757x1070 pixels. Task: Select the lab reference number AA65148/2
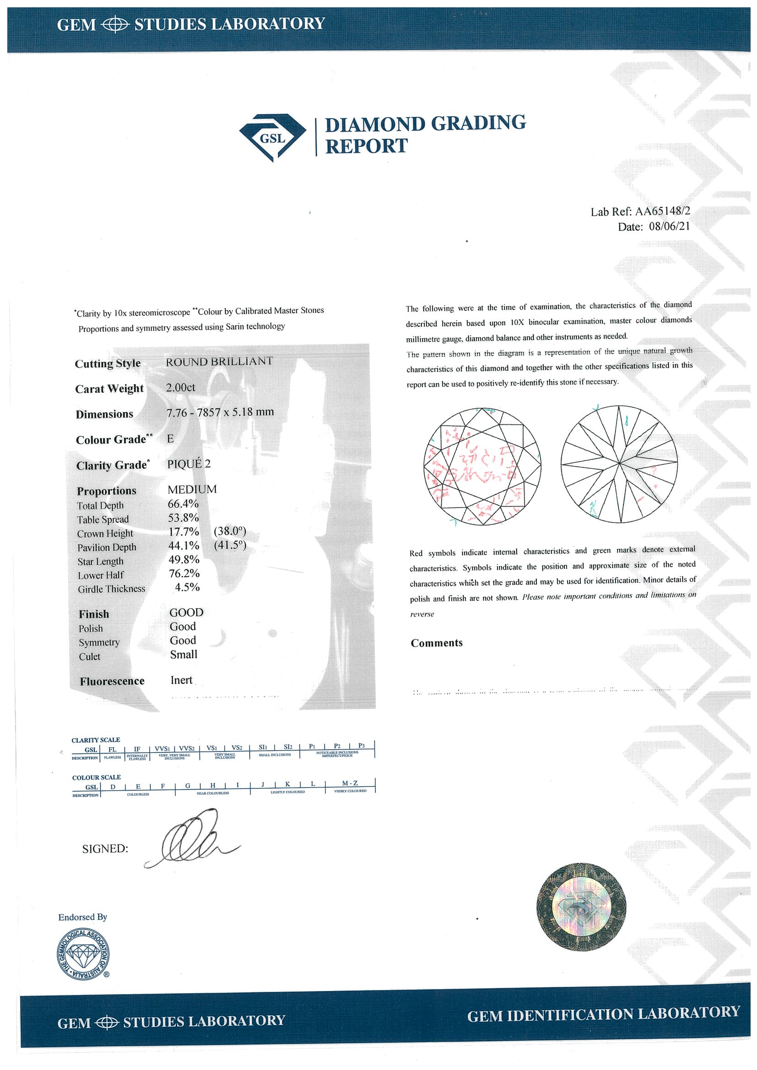click(x=662, y=211)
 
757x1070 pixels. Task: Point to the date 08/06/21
click(x=669, y=226)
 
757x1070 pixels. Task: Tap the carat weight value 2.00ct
click(x=180, y=387)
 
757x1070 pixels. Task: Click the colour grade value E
click(x=170, y=439)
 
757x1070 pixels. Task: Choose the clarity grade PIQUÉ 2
click(x=189, y=464)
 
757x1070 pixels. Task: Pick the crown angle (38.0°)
click(x=229, y=531)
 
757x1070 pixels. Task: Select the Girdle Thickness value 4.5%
click(x=187, y=587)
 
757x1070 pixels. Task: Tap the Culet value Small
click(x=184, y=655)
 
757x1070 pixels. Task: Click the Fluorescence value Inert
click(x=181, y=680)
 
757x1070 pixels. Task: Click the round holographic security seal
click(x=581, y=906)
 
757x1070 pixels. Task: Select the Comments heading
click(x=437, y=643)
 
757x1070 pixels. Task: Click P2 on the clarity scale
click(x=337, y=746)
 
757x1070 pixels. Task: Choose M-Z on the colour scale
click(x=350, y=783)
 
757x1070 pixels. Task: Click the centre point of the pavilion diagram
click(x=619, y=463)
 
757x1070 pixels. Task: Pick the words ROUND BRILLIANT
click(x=219, y=361)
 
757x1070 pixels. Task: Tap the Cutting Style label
click(x=108, y=364)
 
